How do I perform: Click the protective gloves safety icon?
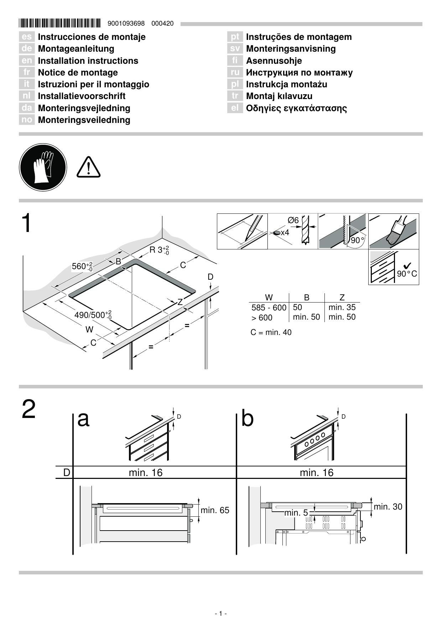click(43, 167)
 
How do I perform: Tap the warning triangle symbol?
click(88, 167)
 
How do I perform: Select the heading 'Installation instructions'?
click(88, 61)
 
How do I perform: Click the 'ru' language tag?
click(235, 73)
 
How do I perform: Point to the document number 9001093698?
click(126, 24)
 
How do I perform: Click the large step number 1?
click(27, 224)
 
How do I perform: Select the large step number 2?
click(28, 409)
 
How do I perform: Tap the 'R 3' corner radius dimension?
click(159, 250)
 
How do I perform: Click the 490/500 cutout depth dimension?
click(93, 315)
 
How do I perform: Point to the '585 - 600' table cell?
click(269, 308)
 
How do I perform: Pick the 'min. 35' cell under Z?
click(342, 307)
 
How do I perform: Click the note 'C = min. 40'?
click(271, 332)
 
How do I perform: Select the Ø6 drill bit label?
click(293, 221)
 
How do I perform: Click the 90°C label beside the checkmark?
click(407, 274)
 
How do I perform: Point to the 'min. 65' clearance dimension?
click(215, 510)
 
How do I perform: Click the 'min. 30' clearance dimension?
click(388, 507)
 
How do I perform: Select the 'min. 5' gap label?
click(296, 513)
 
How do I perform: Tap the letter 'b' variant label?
click(247, 418)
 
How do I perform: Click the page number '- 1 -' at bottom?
click(221, 613)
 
